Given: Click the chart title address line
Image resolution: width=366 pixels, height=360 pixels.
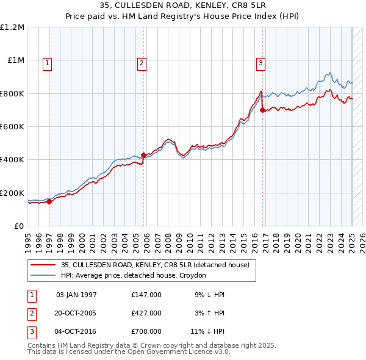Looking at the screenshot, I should pyautogui.click(x=182, y=6).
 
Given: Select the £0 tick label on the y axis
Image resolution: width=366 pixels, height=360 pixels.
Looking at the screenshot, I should pyautogui.click(x=18, y=226).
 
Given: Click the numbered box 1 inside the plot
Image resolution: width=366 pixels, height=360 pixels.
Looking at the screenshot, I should pyautogui.click(x=48, y=62).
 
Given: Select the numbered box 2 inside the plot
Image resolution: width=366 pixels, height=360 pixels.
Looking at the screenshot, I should pyautogui.click(x=142, y=62).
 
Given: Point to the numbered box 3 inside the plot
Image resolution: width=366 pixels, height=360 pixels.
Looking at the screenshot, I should pyautogui.click(x=260, y=62).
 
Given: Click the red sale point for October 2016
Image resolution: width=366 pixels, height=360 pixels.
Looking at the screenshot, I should pyautogui.click(x=262, y=110).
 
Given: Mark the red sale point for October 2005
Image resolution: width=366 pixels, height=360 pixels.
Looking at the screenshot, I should pyautogui.click(x=144, y=156).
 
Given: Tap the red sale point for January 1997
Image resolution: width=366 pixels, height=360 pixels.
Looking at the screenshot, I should pyautogui.click(x=50, y=202).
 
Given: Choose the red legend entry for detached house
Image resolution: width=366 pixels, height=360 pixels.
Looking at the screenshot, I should pyautogui.click(x=155, y=265).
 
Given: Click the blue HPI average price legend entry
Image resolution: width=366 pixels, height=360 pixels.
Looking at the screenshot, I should pyautogui.click(x=134, y=275).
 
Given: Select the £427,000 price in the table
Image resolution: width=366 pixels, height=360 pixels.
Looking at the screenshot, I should pyautogui.click(x=146, y=313).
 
